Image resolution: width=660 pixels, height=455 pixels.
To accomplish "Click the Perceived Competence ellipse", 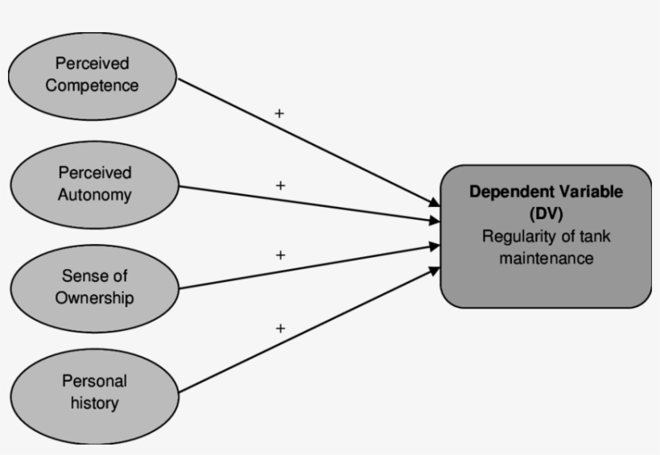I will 92,74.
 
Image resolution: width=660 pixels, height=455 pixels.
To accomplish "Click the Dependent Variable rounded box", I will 546,236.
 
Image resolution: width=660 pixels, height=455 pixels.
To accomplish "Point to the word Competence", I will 92,85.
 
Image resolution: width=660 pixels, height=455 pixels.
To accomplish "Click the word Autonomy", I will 94,195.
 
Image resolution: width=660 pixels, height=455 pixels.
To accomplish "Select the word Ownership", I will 94,298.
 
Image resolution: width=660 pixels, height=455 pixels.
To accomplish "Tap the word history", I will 94,402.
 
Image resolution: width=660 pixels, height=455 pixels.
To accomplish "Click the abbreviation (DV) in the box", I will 547,214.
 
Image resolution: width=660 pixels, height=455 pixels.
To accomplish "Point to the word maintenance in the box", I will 547,259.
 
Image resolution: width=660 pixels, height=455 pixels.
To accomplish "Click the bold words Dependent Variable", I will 547,192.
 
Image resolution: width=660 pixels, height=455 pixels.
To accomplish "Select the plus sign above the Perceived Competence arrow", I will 279,114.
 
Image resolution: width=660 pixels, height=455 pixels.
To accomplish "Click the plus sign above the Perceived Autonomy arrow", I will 280,185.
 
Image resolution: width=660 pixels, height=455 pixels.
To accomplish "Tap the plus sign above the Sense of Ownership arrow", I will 280,255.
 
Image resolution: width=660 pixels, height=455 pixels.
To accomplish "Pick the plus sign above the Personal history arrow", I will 280,328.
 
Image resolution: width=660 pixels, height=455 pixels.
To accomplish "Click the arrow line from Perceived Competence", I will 306,142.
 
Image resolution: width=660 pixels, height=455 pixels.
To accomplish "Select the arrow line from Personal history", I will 306,332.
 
